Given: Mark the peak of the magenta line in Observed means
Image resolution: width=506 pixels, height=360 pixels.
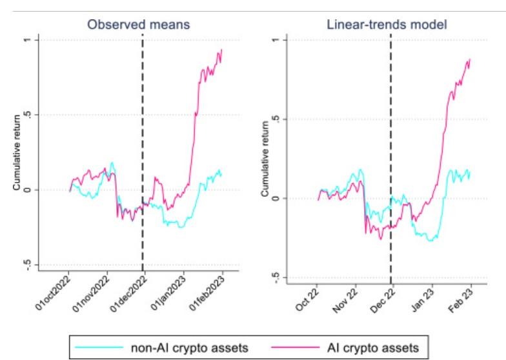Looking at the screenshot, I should (221, 50).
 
